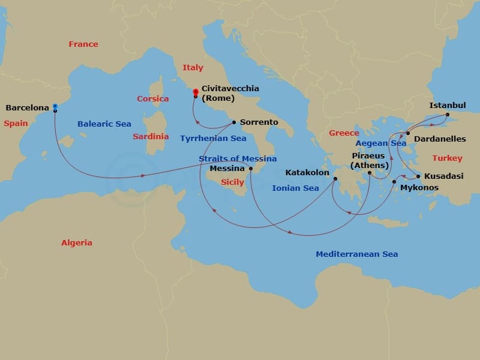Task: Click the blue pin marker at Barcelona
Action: coord(55,107)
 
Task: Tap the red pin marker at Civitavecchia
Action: coord(196,92)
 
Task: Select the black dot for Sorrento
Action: coord(233,122)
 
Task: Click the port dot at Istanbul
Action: coord(448,114)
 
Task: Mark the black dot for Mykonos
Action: coord(394,181)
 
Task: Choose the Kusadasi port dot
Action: coord(418,176)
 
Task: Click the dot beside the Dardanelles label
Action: coord(408,133)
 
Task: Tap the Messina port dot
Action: coord(251,169)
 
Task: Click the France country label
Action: coord(83,44)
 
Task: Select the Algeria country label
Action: coord(77,243)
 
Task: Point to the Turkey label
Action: coord(448,158)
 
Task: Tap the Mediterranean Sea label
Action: coord(356,254)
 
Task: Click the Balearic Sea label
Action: coord(104,124)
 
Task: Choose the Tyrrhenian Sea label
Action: coord(213,138)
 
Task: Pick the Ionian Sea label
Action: coord(295,188)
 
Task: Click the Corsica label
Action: coord(152,98)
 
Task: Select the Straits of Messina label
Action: coord(238,158)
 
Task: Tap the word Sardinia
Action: coord(151,136)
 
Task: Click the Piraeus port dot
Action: coord(370,173)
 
